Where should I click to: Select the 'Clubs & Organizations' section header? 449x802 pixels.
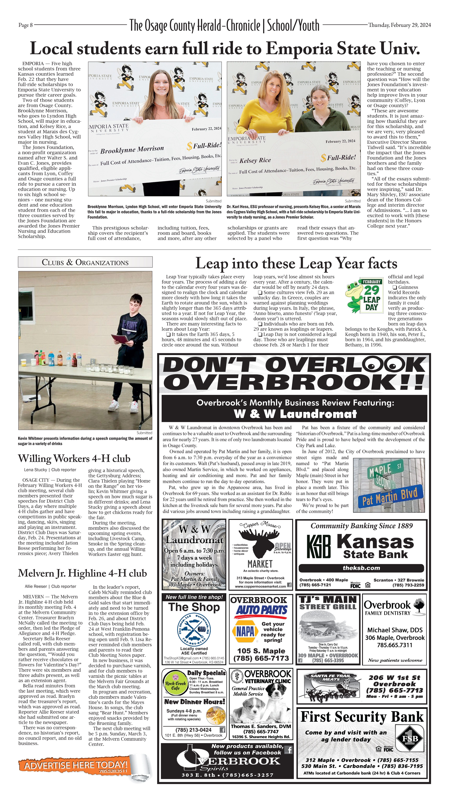[x=85, y=262]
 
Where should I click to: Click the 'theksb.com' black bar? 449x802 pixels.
[x=361, y=568]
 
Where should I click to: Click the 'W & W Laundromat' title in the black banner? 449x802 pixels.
[x=295, y=414]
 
